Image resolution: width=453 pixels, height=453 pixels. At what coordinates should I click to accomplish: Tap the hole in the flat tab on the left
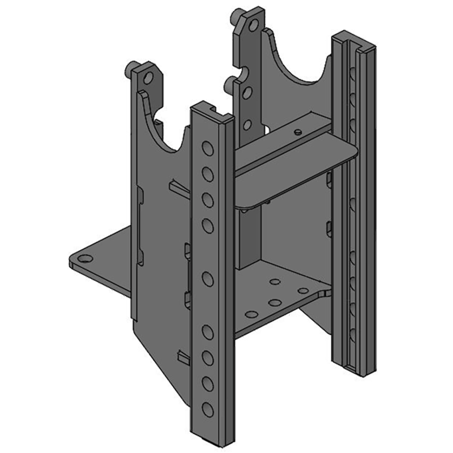pos(84,259)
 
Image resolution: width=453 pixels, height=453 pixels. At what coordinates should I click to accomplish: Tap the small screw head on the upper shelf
pos(297,131)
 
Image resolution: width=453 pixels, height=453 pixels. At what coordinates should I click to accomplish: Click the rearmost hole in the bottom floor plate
pos(275,281)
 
